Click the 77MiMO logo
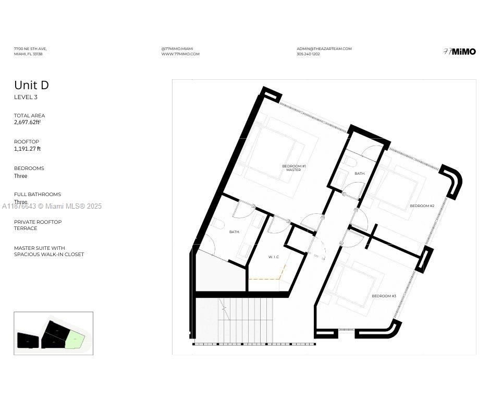(x=459, y=52)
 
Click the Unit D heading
(x=31, y=85)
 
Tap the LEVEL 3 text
(x=26, y=97)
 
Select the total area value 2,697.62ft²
(x=27, y=123)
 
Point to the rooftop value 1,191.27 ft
(x=27, y=149)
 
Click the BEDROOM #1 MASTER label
(x=293, y=168)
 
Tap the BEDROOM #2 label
(x=422, y=206)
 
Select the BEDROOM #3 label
(x=384, y=296)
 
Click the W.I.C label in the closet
(x=274, y=257)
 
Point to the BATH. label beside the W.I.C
(x=235, y=232)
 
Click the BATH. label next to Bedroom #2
(x=360, y=173)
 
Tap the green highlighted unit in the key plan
(x=75, y=340)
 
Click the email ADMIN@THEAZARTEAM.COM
(x=324, y=49)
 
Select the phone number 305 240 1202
(x=308, y=54)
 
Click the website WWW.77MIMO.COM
(x=180, y=54)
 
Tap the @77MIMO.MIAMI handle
(x=177, y=49)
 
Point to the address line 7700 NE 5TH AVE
(x=30, y=49)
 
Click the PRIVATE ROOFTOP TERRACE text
(x=38, y=225)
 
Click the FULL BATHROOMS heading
(x=38, y=195)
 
